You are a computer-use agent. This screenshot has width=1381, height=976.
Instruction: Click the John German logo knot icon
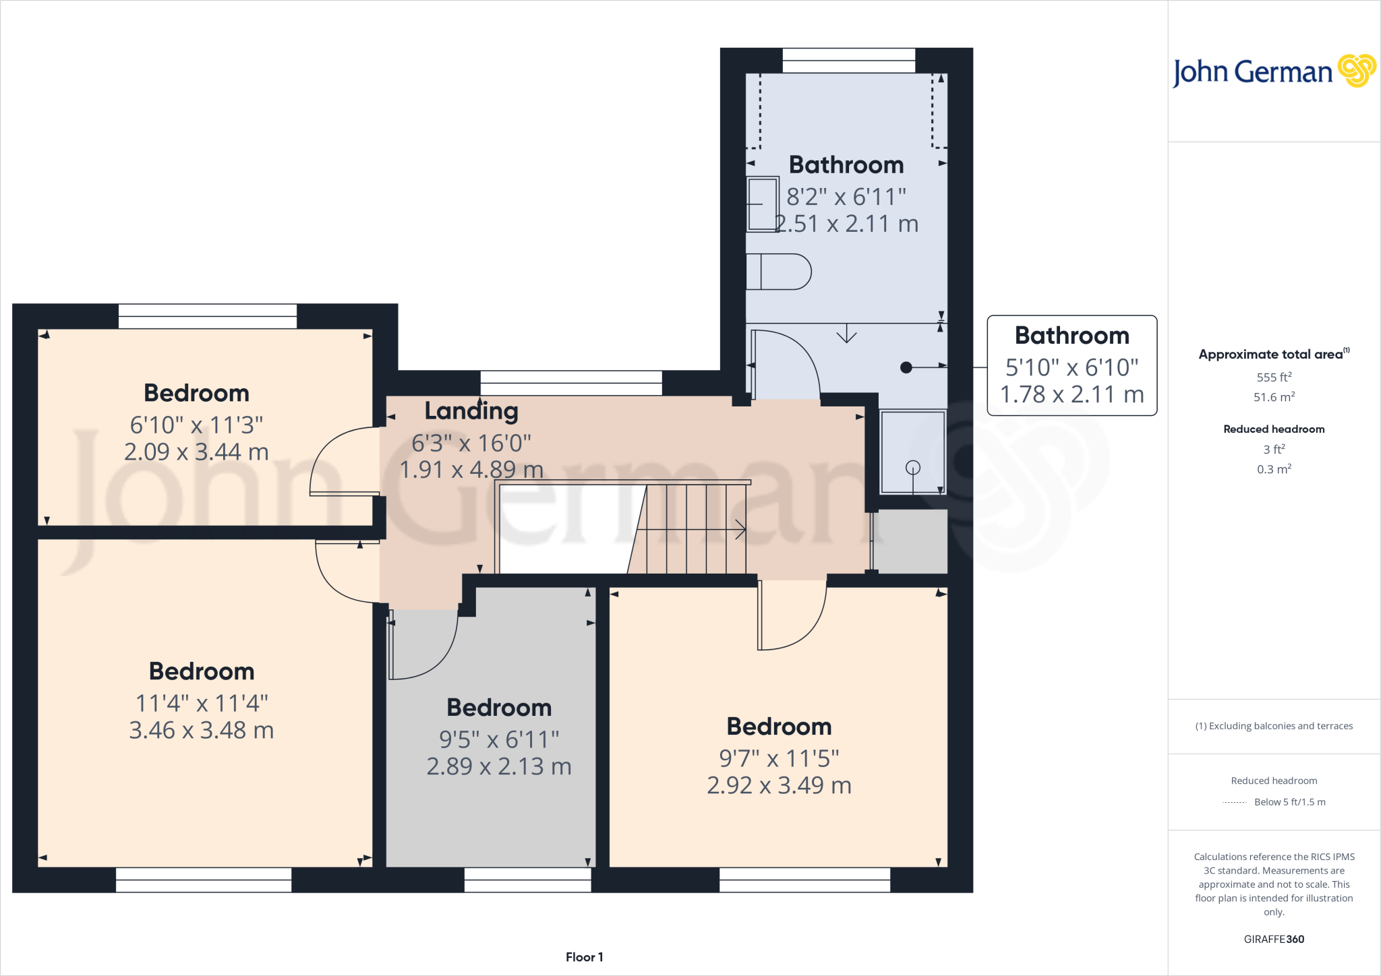tap(1356, 71)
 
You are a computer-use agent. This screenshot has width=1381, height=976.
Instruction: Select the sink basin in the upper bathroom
tap(763, 204)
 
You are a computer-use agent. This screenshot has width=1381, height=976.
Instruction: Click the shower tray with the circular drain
tap(913, 452)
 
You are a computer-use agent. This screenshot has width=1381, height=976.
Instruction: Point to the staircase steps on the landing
tap(695, 529)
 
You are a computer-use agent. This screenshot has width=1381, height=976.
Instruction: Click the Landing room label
tap(471, 410)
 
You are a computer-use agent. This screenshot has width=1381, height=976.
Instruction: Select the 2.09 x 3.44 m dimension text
tap(196, 452)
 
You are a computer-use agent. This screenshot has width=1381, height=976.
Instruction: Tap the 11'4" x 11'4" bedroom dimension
tap(202, 703)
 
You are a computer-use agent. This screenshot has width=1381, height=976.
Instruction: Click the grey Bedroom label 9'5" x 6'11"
tap(499, 708)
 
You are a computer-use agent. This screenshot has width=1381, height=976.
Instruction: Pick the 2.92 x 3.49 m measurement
tap(779, 785)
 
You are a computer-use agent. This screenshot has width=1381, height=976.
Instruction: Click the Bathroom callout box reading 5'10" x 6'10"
tap(1071, 365)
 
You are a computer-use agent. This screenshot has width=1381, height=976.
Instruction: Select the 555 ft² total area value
tap(1274, 377)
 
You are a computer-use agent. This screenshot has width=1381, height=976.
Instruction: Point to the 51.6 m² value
tap(1274, 397)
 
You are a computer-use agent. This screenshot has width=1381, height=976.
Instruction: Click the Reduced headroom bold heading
tap(1274, 429)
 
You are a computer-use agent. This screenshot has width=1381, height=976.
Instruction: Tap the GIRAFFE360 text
tap(1274, 939)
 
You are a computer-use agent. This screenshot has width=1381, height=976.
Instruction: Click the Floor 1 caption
tap(584, 957)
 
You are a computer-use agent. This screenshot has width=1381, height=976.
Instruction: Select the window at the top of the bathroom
tap(848, 61)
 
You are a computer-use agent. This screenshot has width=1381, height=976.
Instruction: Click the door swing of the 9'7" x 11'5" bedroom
tap(792, 617)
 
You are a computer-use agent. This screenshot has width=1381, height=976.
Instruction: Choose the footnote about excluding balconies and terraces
tap(1274, 726)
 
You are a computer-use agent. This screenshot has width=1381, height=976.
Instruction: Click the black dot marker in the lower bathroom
tap(906, 367)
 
